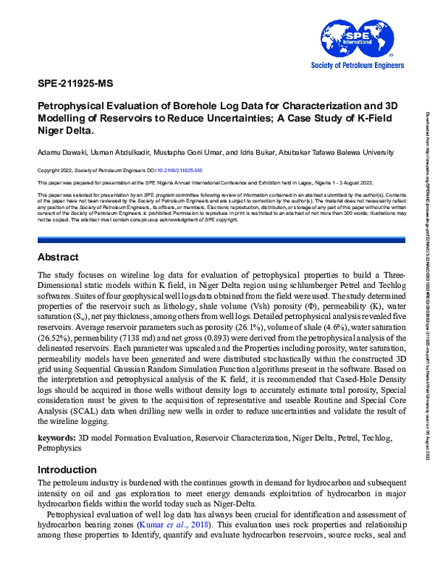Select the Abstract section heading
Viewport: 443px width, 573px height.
click(x=59, y=217)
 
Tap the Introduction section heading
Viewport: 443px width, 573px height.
click(x=67, y=469)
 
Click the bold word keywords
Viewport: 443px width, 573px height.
click(x=57, y=438)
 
